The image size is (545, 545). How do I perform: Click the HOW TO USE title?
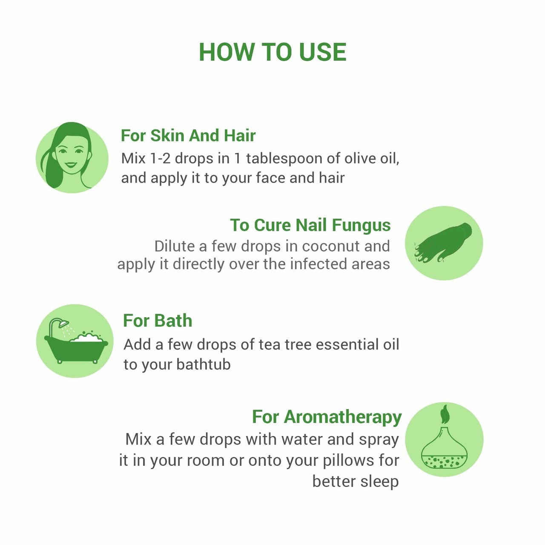pyautogui.click(x=272, y=52)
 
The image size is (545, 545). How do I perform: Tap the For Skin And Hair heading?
pyautogui.click(x=188, y=135)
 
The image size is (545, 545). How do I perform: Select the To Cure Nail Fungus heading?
pyautogui.click(x=310, y=225)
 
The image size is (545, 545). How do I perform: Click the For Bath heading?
pyautogui.click(x=158, y=321)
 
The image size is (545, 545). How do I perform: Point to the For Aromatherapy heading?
pyautogui.click(x=327, y=417)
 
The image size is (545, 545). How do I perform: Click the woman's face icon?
pyautogui.click(x=72, y=158)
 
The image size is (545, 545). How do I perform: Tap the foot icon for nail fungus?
pyautogui.click(x=444, y=243)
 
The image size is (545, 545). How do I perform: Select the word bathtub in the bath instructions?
pyautogui.click(x=204, y=364)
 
